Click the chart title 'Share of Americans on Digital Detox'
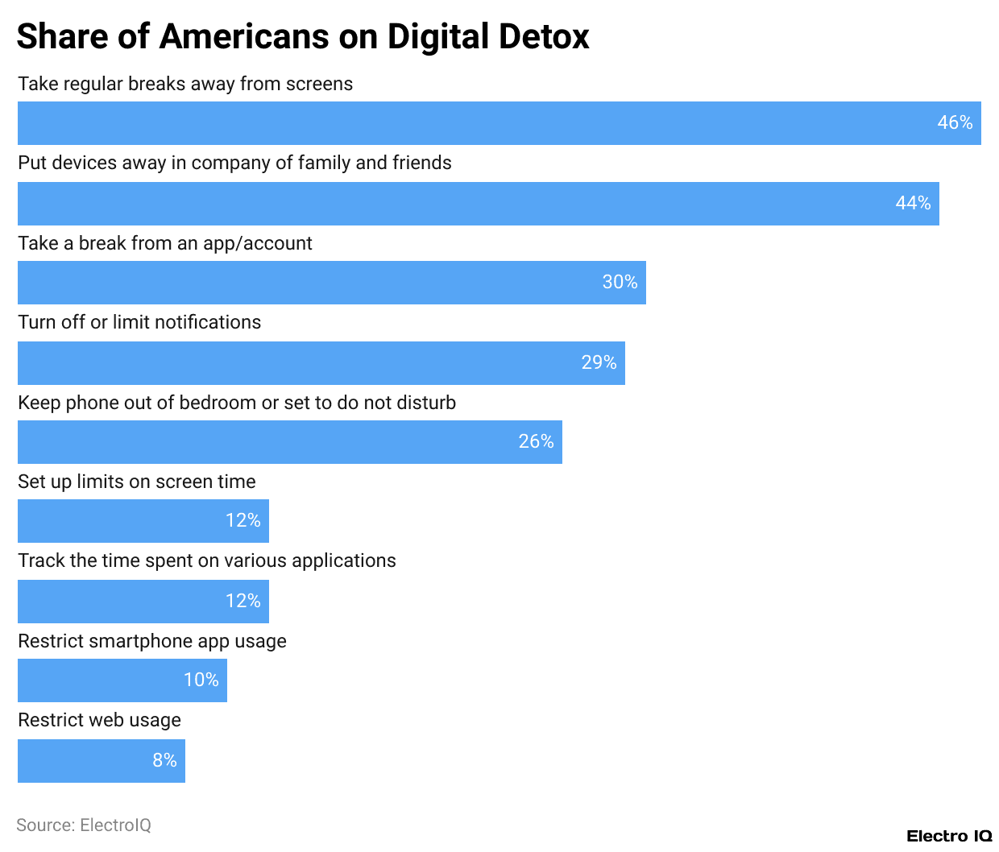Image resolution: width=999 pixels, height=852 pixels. pos(303,37)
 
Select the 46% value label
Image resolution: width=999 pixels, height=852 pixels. pos(955,123)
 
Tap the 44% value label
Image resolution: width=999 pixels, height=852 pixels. pos(913,204)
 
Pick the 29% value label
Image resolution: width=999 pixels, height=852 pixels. pos(599,363)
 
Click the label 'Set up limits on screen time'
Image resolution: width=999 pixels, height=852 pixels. pos(137,482)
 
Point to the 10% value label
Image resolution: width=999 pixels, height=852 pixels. pos(201,680)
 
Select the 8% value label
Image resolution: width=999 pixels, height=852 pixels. pos(164,761)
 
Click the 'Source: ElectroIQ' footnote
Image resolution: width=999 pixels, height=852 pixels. pos(84,825)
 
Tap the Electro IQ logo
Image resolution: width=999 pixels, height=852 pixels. pos(949,836)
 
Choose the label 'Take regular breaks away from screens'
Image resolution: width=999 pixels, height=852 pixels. pos(185,84)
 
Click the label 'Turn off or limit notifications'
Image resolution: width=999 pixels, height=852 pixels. pos(139,322)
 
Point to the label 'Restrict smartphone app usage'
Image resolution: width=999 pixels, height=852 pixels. pos(152,641)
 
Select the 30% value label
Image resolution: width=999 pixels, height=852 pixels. pos(620,283)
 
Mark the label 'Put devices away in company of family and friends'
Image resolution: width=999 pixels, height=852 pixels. pos(234,163)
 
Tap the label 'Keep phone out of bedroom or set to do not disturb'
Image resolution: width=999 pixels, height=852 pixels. pos(237,403)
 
